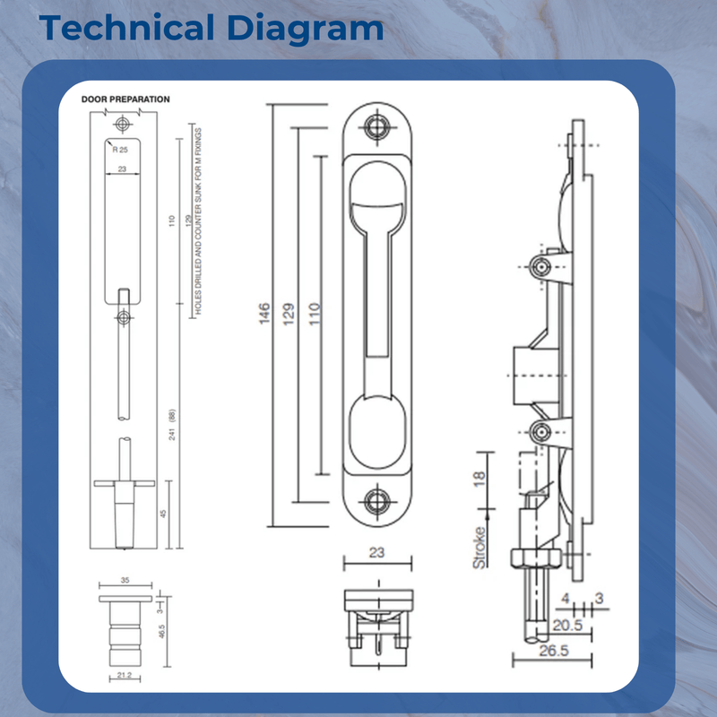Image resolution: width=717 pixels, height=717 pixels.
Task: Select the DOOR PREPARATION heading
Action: click(125, 99)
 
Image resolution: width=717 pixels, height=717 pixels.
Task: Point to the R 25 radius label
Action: click(120, 150)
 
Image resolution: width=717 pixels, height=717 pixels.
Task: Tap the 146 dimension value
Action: click(265, 315)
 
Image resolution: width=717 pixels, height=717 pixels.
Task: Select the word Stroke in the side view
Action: click(480, 546)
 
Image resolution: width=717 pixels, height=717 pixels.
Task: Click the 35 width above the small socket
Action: click(125, 581)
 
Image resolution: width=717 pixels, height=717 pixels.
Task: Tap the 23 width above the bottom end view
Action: click(377, 553)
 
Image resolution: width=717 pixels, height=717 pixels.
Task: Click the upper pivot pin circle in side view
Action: click(540, 268)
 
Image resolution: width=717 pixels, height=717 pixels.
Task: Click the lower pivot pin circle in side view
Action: click(540, 432)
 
